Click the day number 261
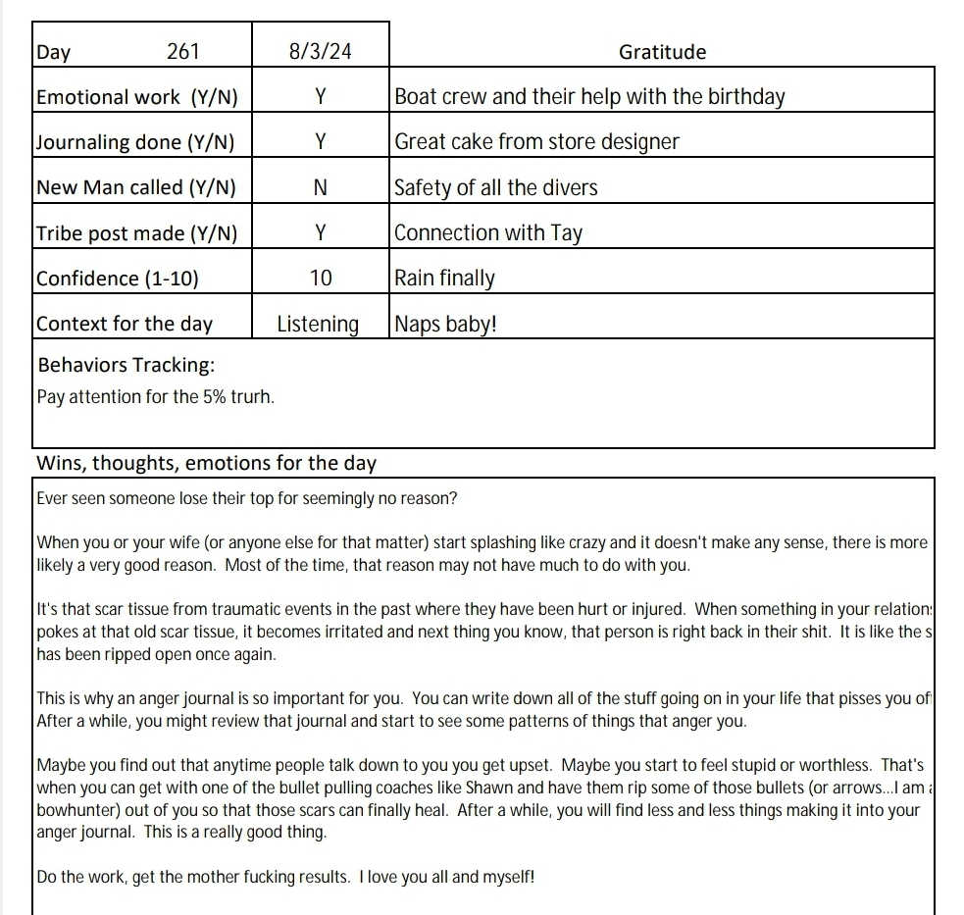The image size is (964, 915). point(183,52)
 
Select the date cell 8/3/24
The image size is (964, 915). point(321,52)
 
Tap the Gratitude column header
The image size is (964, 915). point(663,52)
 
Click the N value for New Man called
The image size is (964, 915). point(321,187)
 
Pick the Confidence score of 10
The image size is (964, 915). point(321,279)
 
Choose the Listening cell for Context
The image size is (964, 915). point(318,324)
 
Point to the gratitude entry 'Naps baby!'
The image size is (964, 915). point(446,324)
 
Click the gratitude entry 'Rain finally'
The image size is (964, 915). point(444,279)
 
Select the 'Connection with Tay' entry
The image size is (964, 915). point(488,233)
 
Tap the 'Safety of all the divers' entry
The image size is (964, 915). point(496,187)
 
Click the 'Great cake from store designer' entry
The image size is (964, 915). point(536,142)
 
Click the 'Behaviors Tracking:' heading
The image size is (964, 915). point(126,366)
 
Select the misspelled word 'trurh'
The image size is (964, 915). point(252,398)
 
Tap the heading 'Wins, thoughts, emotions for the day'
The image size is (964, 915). point(206,463)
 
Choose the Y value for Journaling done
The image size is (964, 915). point(321,142)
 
